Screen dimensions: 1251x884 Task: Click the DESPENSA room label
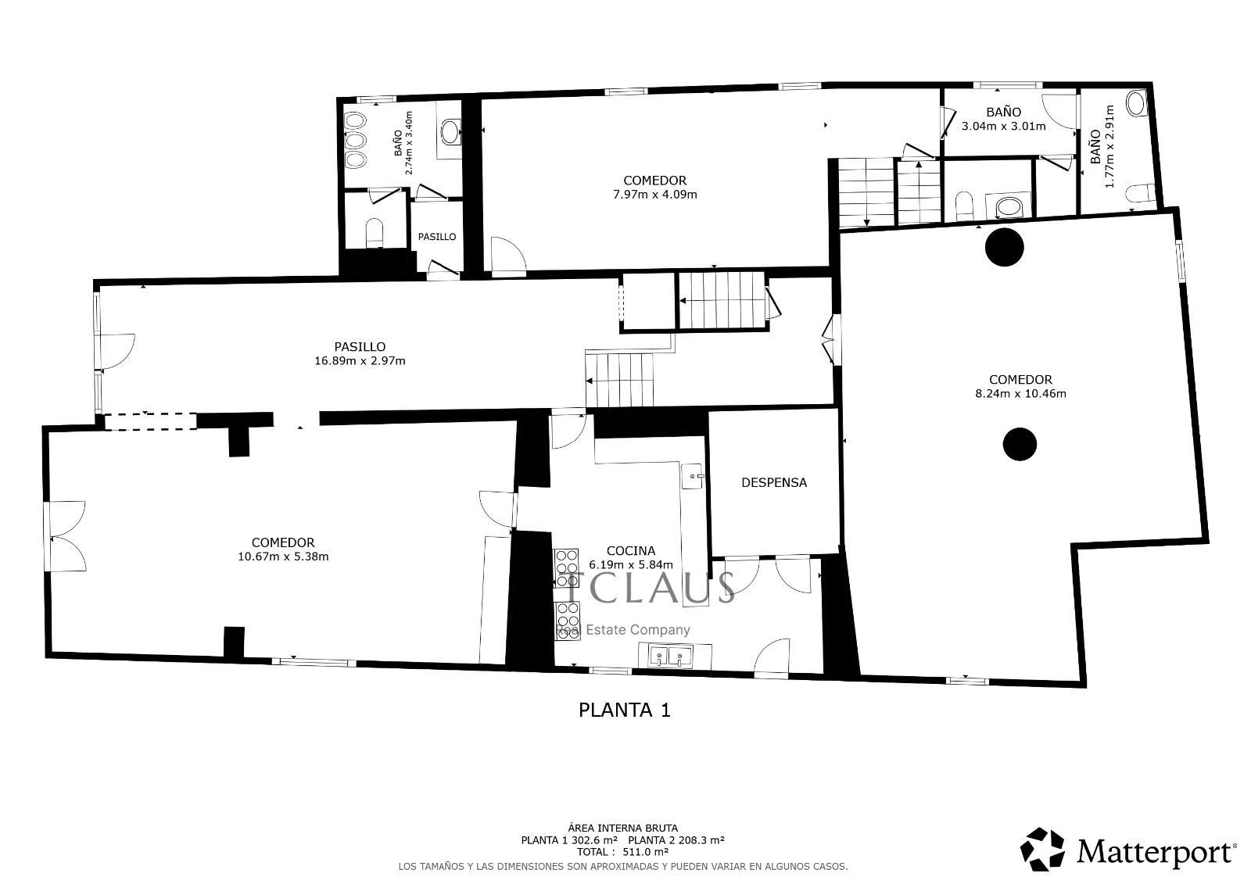point(774,482)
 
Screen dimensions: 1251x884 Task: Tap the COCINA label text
point(630,551)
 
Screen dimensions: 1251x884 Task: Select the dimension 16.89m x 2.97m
point(360,361)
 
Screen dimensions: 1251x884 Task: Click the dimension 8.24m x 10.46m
point(1020,394)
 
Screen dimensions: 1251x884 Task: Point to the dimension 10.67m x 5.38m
point(283,557)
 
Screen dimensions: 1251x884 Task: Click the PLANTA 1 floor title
point(625,710)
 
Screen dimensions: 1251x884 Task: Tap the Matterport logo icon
point(1042,850)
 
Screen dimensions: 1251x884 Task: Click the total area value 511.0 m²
point(645,852)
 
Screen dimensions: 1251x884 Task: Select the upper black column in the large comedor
point(1004,247)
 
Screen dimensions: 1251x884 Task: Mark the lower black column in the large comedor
point(1020,444)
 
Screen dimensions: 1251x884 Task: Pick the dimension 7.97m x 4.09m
point(655,195)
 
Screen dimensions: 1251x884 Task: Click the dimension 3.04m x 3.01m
point(1004,126)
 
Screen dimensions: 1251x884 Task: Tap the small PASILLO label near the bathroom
point(437,237)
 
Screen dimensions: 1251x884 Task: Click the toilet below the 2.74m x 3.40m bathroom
point(375,232)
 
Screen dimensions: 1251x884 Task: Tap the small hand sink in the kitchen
point(693,476)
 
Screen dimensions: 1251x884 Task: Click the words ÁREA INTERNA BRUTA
point(622,829)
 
